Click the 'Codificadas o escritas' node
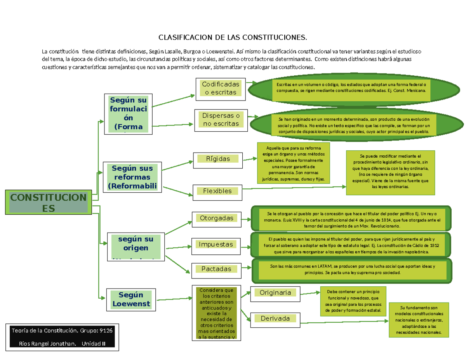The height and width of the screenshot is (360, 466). [221, 89]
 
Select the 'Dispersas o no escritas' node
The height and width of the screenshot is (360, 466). [221, 120]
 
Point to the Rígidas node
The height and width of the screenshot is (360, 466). [218, 159]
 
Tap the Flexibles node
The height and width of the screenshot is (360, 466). [217, 191]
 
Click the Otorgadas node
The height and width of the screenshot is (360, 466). [217, 218]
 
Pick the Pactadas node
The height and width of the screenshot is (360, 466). [216, 269]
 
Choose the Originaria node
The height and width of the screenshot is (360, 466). [275, 293]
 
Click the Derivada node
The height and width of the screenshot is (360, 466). [275, 319]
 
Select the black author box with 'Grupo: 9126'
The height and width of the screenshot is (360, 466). [62, 337]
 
